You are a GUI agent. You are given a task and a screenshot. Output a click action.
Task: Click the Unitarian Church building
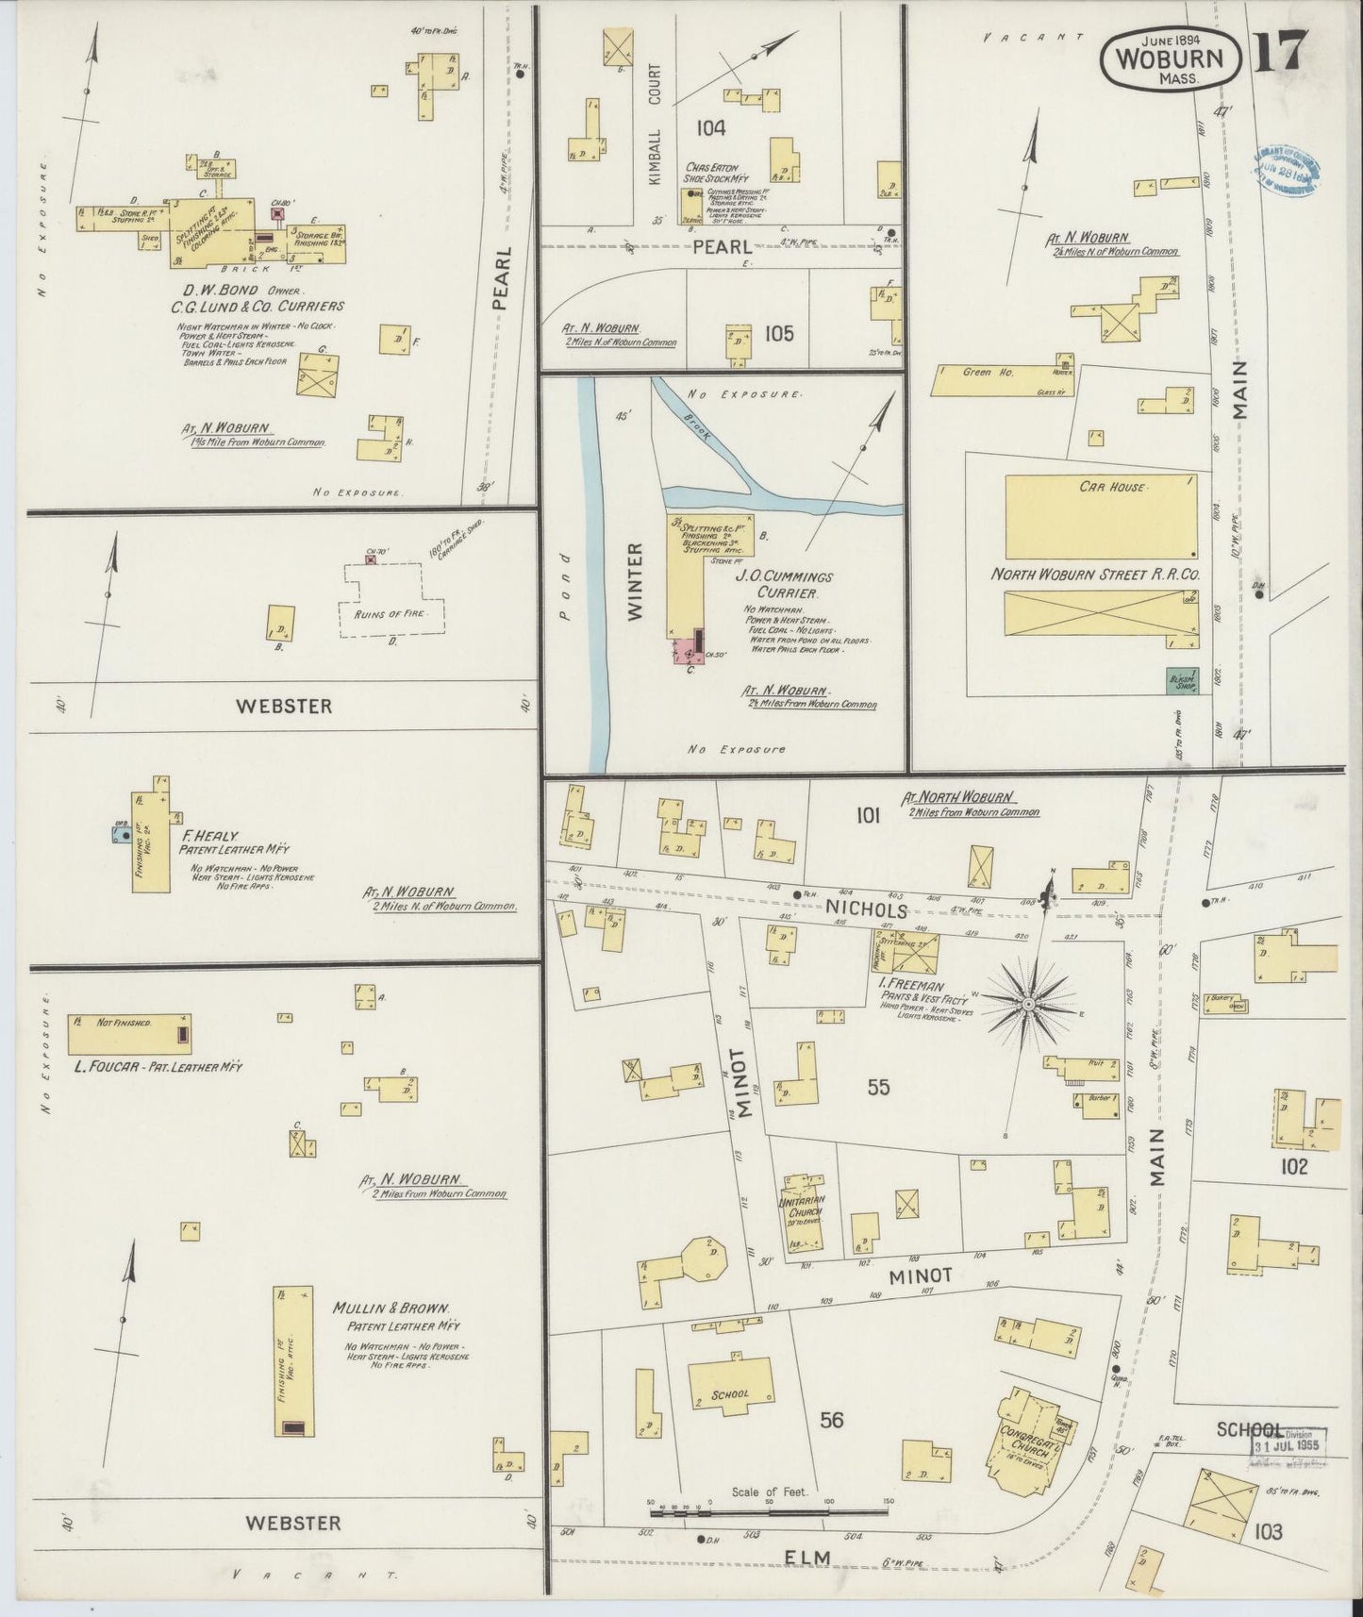click(x=806, y=1217)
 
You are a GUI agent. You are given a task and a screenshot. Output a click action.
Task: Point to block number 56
click(x=831, y=1420)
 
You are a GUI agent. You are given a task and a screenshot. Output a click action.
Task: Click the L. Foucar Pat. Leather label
click(x=158, y=1066)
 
